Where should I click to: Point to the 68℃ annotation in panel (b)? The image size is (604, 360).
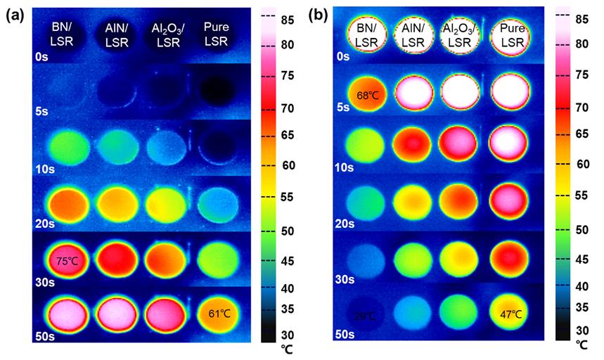coord(368,94)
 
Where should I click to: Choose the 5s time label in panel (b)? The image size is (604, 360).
coord(341,108)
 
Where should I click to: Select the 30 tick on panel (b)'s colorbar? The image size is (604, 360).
coord(581,330)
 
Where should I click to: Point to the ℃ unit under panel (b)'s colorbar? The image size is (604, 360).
coord(581,345)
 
